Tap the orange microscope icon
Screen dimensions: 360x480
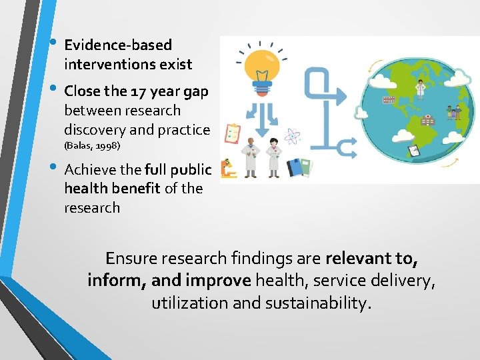tap(229, 168)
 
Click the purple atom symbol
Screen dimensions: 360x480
tap(292, 137)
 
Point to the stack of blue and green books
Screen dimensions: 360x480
tap(300, 167)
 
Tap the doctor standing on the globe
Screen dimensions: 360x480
tap(420, 89)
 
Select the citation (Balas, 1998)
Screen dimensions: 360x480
tap(92, 145)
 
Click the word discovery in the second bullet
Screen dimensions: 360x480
tap(91, 129)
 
